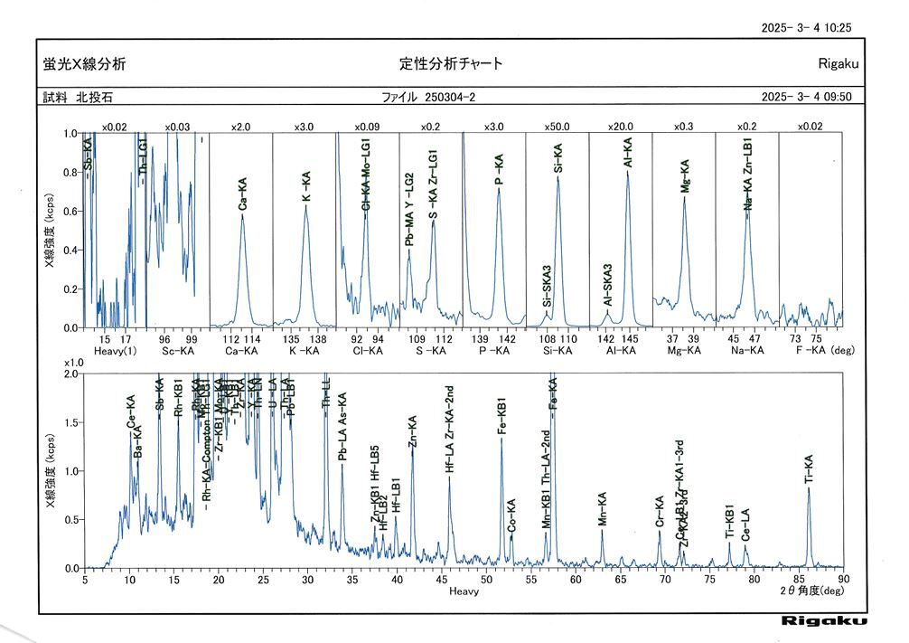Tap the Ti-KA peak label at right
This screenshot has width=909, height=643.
(x=809, y=471)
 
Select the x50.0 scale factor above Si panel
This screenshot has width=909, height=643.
(x=558, y=127)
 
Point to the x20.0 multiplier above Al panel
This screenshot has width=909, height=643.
(x=621, y=127)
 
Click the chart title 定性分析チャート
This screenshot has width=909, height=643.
(x=451, y=63)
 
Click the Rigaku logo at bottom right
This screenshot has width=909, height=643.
(x=824, y=620)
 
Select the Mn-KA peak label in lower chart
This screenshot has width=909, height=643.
(x=603, y=510)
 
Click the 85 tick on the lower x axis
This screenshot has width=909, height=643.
(x=799, y=580)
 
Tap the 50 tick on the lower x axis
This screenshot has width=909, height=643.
(x=486, y=580)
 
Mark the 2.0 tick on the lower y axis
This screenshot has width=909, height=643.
(x=74, y=373)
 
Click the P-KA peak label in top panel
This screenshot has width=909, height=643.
(x=499, y=169)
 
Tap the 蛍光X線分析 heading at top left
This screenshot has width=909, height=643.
(x=84, y=63)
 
